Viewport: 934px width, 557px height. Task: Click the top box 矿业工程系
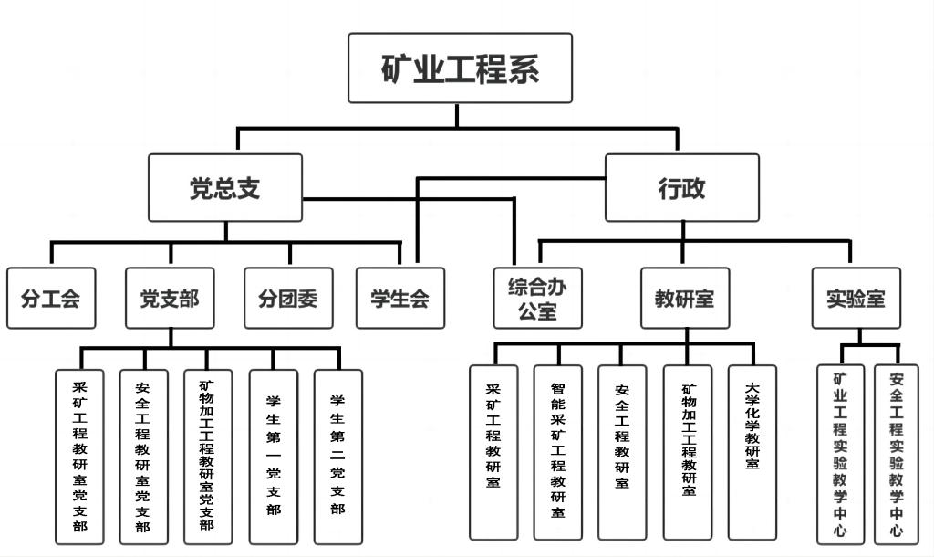pyautogui.click(x=460, y=68)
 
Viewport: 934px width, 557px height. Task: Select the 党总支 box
pyautogui.click(x=225, y=188)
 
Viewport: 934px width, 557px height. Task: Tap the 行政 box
pyautogui.click(x=681, y=188)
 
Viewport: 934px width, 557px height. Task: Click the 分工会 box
pyautogui.click(x=50, y=299)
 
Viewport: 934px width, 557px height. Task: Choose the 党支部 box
pyautogui.click(x=170, y=299)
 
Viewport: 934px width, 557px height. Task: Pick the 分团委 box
pyautogui.click(x=288, y=299)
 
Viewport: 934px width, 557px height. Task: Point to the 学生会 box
pyautogui.click(x=400, y=299)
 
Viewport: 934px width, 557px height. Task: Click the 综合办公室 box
pyautogui.click(x=537, y=299)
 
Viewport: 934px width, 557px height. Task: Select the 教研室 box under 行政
pyautogui.click(x=684, y=299)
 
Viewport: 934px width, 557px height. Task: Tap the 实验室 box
pyautogui.click(x=856, y=299)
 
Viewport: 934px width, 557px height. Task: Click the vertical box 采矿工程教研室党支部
pyautogui.click(x=80, y=457)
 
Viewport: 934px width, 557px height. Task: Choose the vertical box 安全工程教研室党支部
pyautogui.click(x=143, y=457)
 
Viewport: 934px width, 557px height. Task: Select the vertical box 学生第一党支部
pyautogui.click(x=273, y=457)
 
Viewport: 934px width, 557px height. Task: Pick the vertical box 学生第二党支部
pyautogui.click(x=337, y=457)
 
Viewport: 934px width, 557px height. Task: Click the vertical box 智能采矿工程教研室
pyautogui.click(x=557, y=452)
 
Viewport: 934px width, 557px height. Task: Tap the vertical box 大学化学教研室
pyautogui.click(x=752, y=452)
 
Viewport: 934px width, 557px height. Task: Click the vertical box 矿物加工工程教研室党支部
pyautogui.click(x=207, y=457)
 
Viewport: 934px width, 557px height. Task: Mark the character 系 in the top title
pyautogui.click(x=523, y=68)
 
